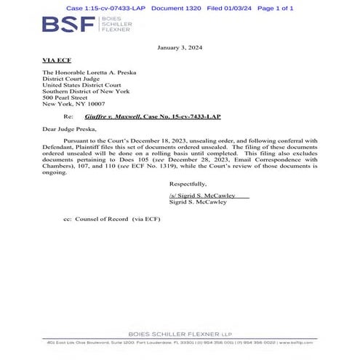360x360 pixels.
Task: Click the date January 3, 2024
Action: point(180,47)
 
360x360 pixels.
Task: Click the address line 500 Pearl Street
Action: point(69,97)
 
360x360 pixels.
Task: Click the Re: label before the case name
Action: point(68,116)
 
